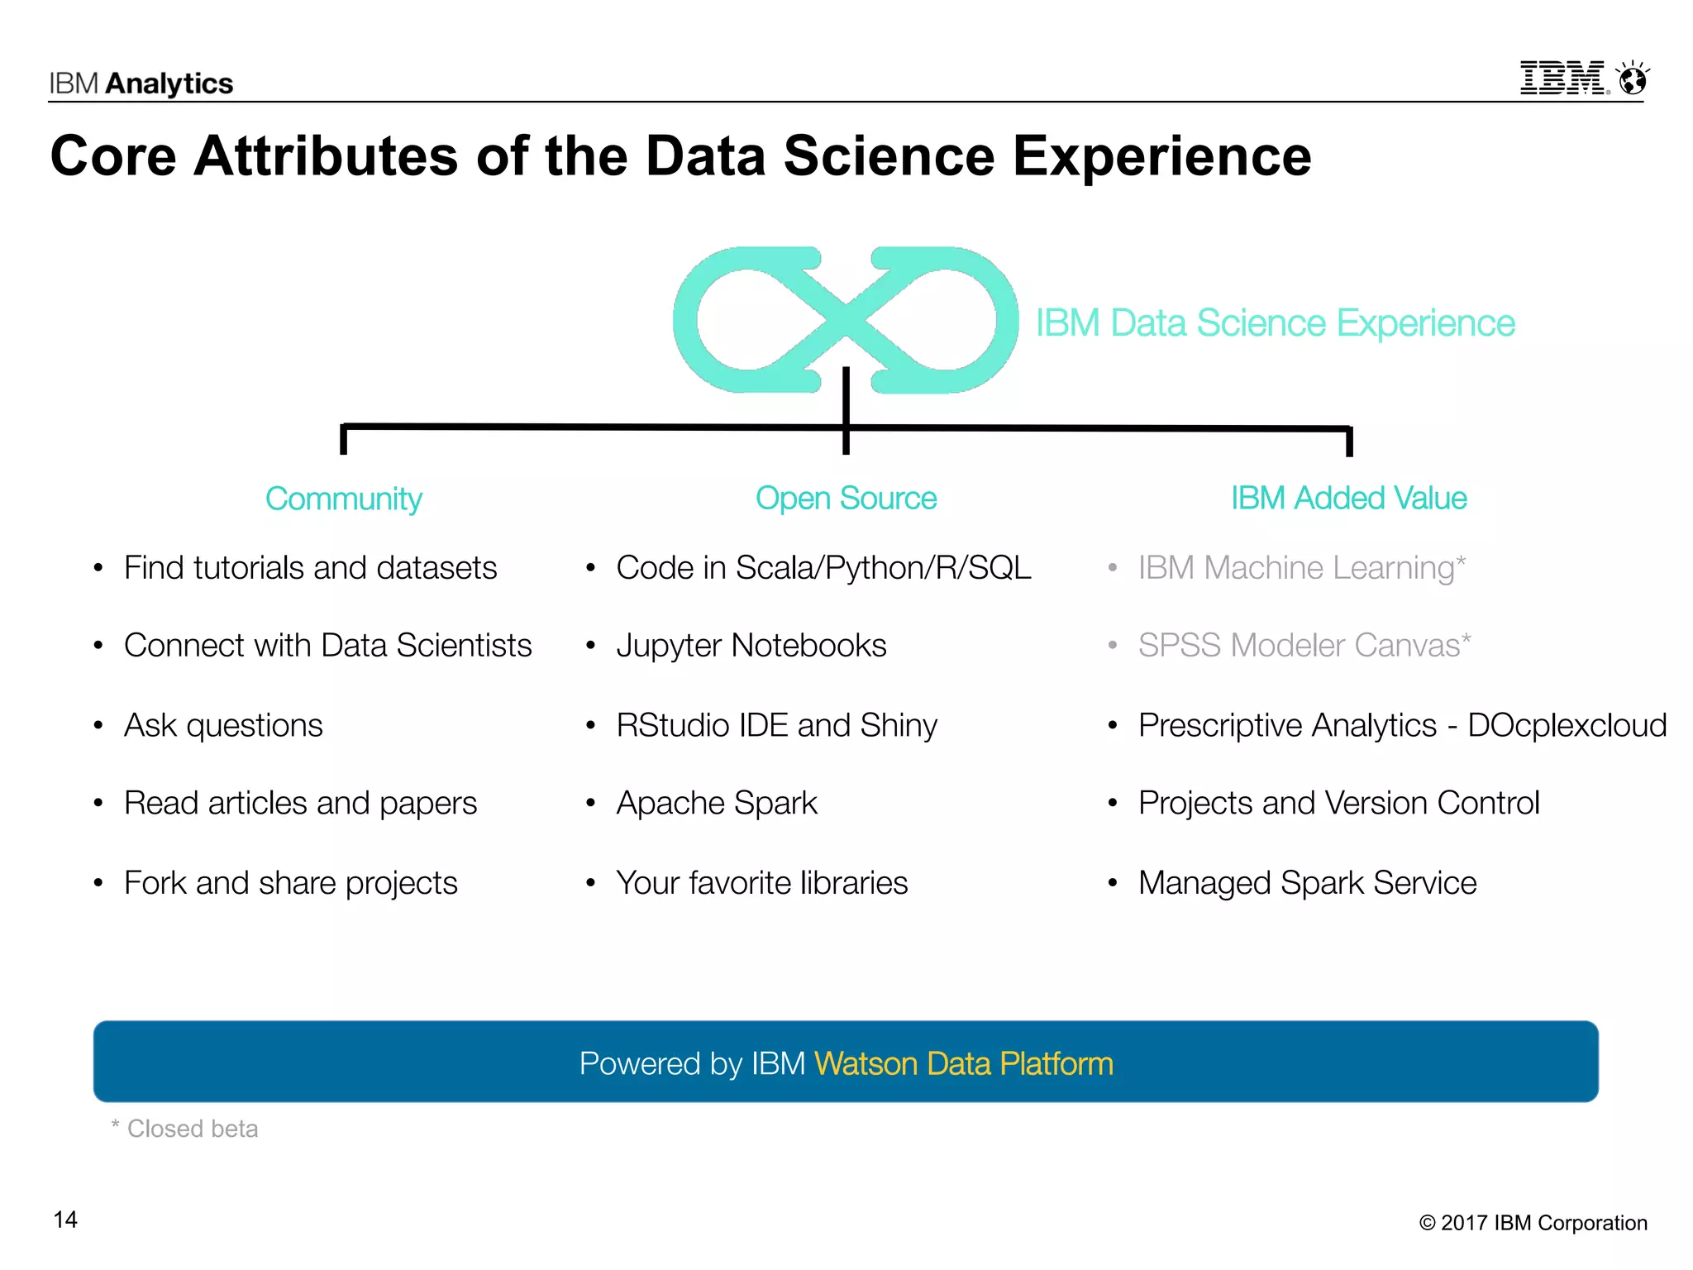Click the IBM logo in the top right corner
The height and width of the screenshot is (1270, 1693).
(1562, 79)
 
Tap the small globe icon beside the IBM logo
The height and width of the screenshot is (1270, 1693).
(1633, 79)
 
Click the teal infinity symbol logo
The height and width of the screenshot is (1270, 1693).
(845, 320)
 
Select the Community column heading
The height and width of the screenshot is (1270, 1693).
(343, 499)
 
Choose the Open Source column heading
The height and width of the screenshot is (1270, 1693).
(846, 499)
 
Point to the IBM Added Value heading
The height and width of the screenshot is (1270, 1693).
(1348, 499)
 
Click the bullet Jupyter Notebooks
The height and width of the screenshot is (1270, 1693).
(751, 646)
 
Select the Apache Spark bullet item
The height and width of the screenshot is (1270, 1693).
(716, 804)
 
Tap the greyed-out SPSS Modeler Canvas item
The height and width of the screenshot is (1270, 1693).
(1304, 646)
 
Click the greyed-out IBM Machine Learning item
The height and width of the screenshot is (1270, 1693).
(1300, 568)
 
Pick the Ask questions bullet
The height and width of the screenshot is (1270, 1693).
(223, 725)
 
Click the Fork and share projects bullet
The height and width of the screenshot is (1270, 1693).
(290, 883)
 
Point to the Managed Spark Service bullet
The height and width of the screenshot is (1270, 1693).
(1307, 883)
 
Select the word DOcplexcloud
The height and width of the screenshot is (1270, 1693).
(1567, 725)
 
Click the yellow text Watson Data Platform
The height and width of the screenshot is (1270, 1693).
(963, 1064)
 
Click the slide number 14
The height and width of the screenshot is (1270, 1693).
(65, 1220)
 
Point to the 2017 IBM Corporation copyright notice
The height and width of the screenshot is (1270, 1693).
(1533, 1223)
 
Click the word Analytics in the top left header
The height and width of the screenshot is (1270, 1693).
(169, 84)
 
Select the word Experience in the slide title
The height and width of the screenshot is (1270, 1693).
(1161, 156)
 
